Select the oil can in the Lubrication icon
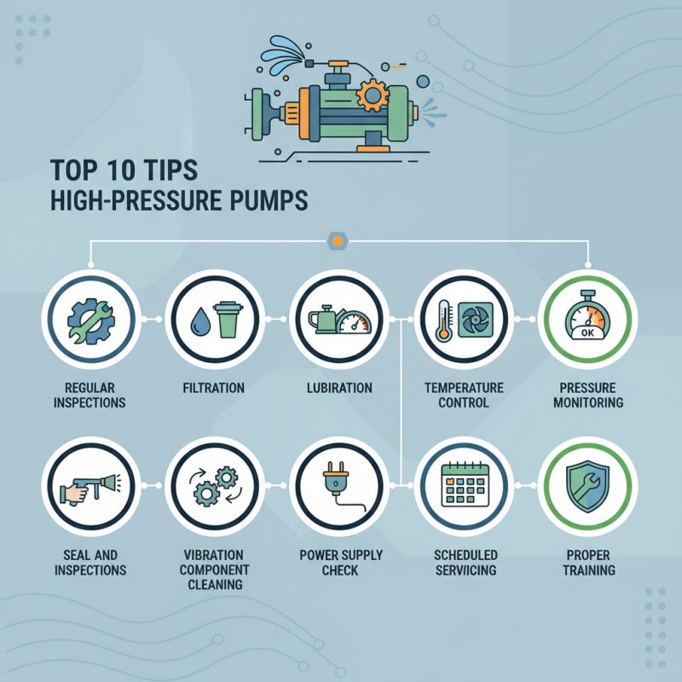pyautogui.click(x=324, y=322)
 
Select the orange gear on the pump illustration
pyautogui.click(x=373, y=94)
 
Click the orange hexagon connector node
pyautogui.click(x=338, y=243)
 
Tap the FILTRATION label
pyautogui.click(x=213, y=388)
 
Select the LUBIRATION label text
pyautogui.click(x=338, y=388)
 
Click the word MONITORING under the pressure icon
pyautogui.click(x=588, y=402)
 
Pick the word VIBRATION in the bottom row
pyautogui.click(x=213, y=555)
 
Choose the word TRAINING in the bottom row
pyautogui.click(x=588, y=569)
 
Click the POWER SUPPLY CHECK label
pyautogui.click(x=338, y=562)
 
